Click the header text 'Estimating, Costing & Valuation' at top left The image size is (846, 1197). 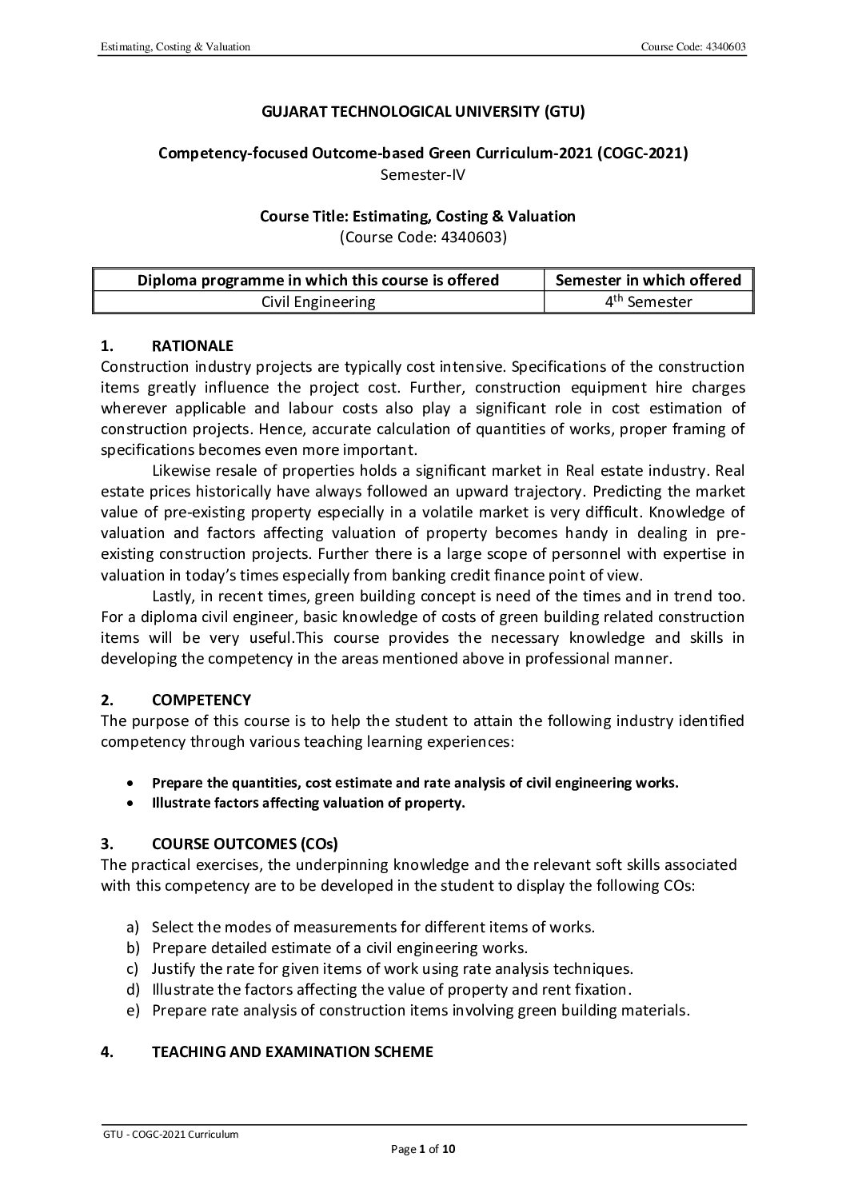(175, 47)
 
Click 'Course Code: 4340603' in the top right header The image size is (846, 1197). (693, 47)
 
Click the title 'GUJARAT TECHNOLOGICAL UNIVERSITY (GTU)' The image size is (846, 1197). (423, 111)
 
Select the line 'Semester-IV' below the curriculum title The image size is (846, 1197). (423, 174)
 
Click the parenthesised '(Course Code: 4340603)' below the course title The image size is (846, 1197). (423, 237)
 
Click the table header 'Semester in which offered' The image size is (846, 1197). (648, 280)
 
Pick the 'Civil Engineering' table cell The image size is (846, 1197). (318, 301)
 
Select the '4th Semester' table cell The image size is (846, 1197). (648, 301)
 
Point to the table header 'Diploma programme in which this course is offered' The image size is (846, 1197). (318, 280)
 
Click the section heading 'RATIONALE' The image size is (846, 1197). (193, 345)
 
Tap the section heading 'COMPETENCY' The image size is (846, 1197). (201, 700)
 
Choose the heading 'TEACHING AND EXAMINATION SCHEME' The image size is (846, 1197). (292, 1051)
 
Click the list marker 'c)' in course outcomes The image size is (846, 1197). (133, 968)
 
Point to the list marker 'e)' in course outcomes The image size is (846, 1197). (133, 1010)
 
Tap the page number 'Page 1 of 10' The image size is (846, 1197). (423, 1150)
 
